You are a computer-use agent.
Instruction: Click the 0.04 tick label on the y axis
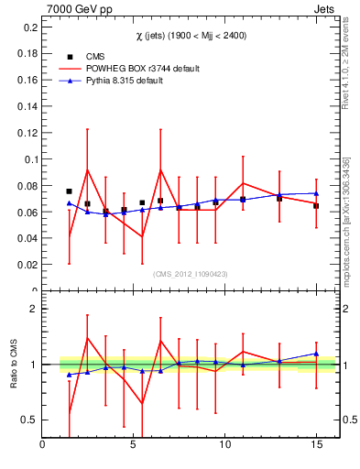click(x=26, y=238)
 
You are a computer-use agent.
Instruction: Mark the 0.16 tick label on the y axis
click(x=26, y=81)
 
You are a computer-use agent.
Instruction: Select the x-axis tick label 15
click(x=316, y=446)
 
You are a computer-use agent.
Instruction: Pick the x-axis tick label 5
click(x=134, y=446)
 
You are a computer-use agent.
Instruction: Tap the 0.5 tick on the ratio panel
click(x=28, y=420)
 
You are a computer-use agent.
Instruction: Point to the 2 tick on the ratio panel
click(x=32, y=309)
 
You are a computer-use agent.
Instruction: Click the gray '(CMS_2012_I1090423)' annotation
click(x=190, y=273)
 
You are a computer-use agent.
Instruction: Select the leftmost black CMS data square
click(x=70, y=191)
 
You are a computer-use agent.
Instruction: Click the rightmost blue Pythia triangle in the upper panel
click(x=316, y=193)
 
